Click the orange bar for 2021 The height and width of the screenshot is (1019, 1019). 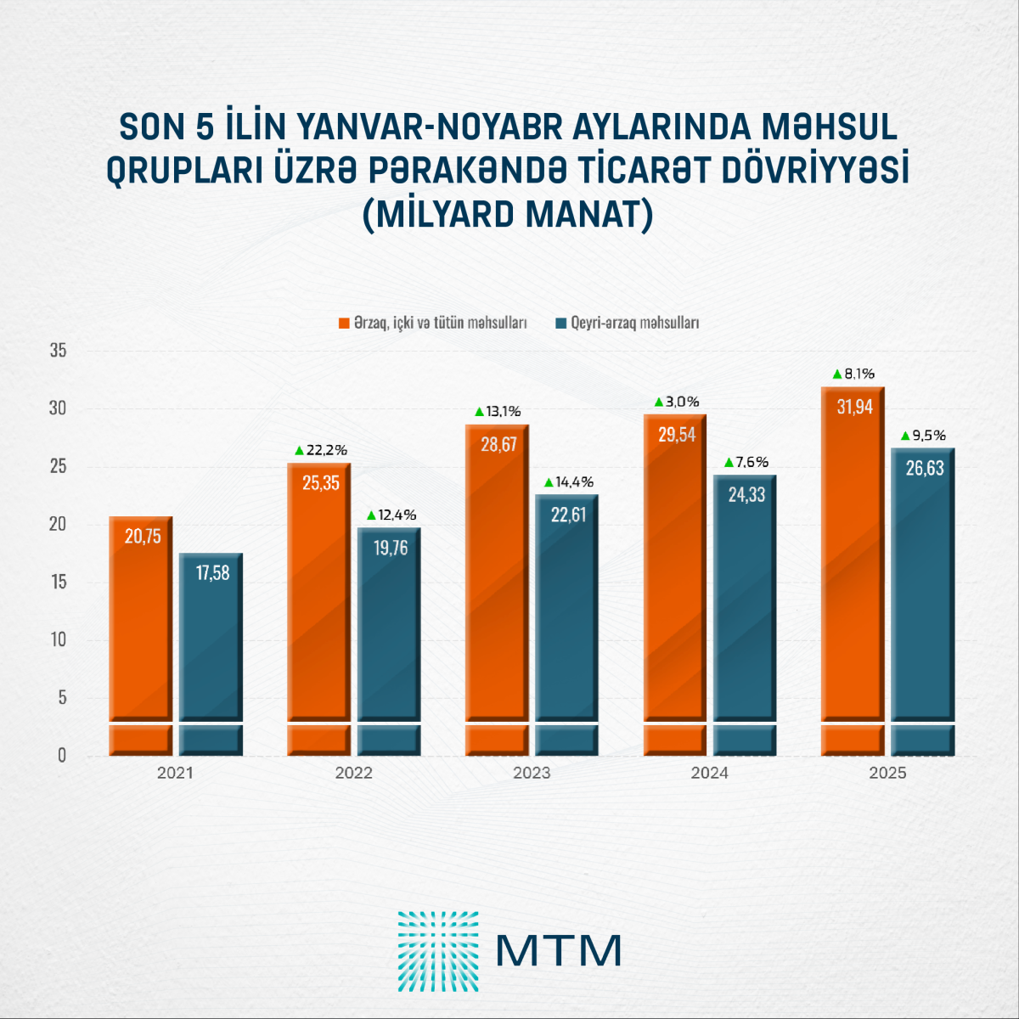(x=141, y=628)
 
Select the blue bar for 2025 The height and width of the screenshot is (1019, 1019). (x=924, y=594)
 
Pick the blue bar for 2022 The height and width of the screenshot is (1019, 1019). (x=389, y=637)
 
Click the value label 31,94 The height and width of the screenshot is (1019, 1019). (x=854, y=407)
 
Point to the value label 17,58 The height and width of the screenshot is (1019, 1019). (x=212, y=573)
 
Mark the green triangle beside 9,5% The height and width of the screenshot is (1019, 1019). (x=905, y=436)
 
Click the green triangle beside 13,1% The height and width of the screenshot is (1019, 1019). (x=479, y=412)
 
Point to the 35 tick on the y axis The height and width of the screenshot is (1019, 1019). (x=58, y=350)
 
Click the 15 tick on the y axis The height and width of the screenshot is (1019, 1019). (x=58, y=582)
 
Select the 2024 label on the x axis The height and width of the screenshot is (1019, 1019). (x=709, y=773)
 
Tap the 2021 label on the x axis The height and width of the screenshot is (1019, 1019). (x=175, y=773)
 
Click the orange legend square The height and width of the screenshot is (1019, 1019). (x=344, y=324)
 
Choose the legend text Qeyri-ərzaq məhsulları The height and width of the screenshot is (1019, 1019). (x=634, y=324)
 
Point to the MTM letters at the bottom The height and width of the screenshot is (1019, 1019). (x=559, y=950)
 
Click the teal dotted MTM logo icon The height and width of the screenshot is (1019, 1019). (x=438, y=951)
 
